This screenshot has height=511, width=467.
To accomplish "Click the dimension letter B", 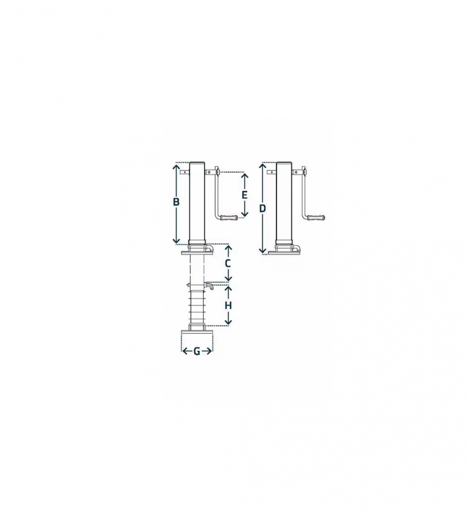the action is pos(176,202).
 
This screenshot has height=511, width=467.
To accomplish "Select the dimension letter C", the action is pos(228,263).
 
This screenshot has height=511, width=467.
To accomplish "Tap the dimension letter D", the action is pos(263,208).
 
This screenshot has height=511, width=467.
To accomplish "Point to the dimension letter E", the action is pos(244,195).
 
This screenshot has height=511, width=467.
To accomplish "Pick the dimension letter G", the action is pos(196,352).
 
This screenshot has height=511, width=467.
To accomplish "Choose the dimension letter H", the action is pos(228,306).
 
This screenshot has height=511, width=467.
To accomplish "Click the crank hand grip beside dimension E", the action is pos(229,217).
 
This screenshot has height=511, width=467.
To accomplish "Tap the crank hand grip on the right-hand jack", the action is pos(316,217).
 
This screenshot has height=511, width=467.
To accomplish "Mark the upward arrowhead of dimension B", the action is pos(176,167).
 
